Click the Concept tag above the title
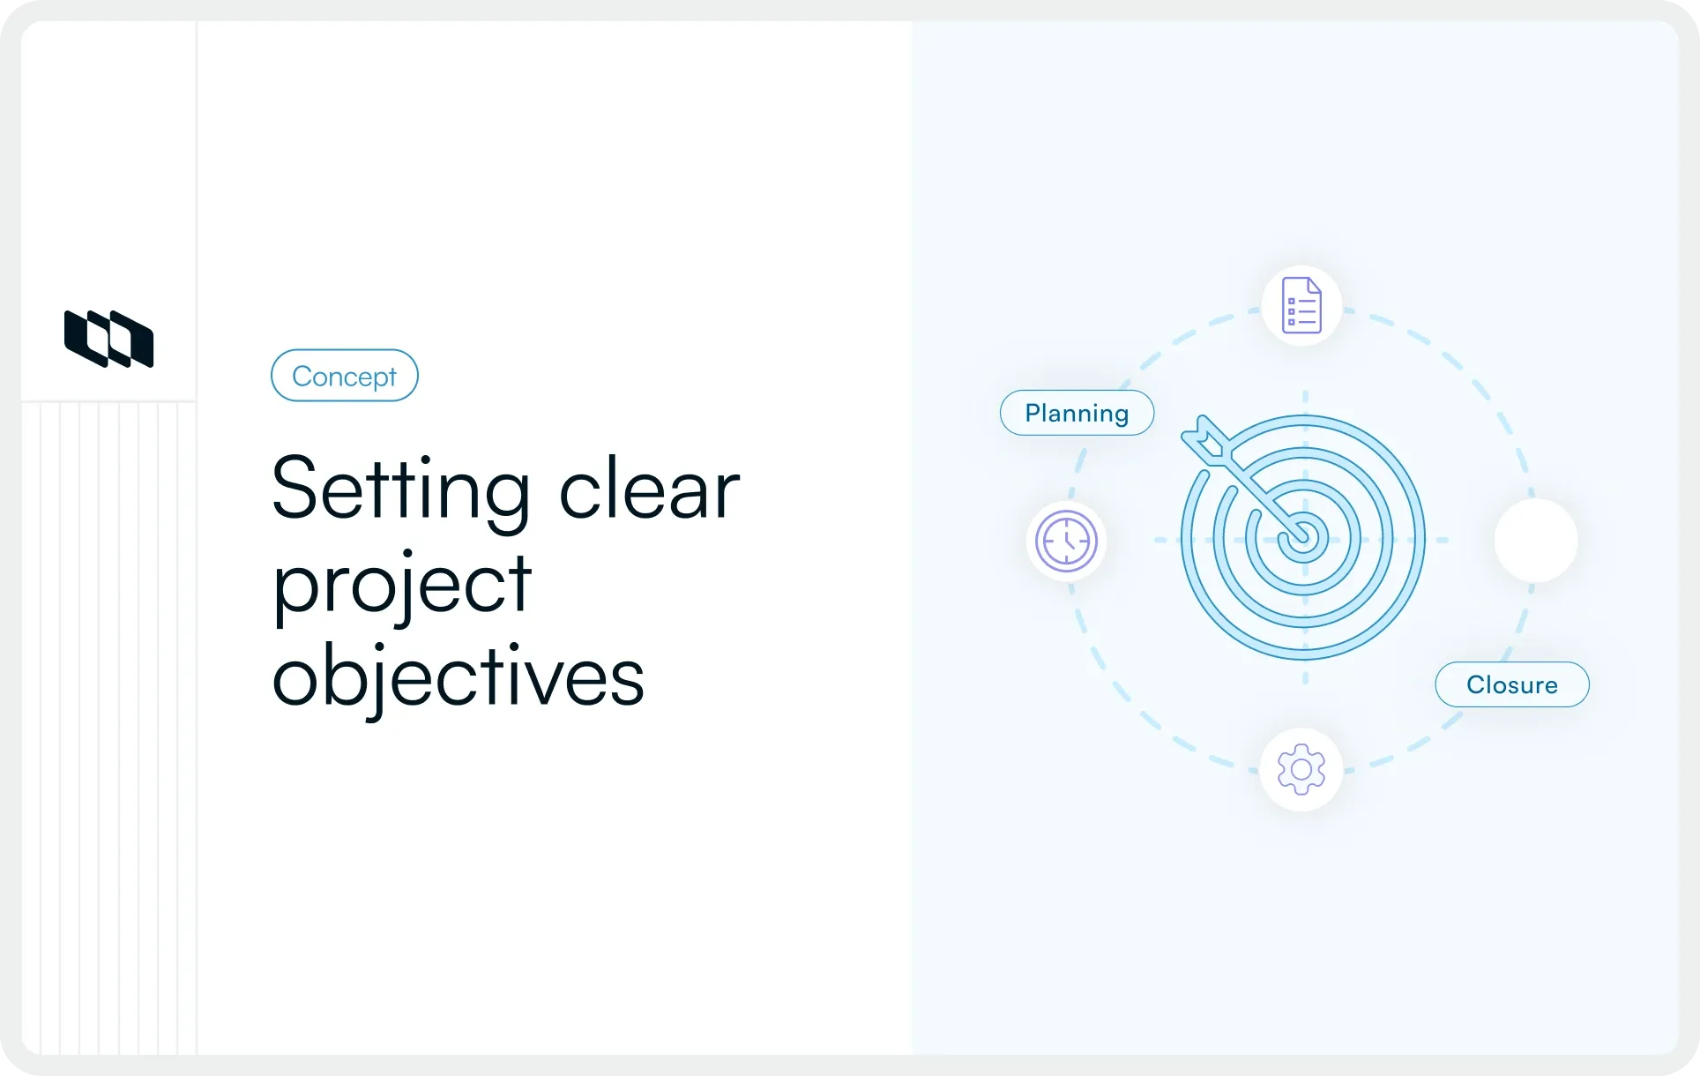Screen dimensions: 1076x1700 (x=344, y=376)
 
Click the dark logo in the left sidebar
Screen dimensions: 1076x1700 (x=109, y=339)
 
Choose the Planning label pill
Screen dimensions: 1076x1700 (x=1077, y=413)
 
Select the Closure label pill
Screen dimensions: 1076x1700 (x=1511, y=684)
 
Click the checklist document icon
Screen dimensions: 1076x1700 (x=1301, y=305)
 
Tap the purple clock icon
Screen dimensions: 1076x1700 (x=1066, y=541)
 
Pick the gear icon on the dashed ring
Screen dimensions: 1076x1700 (x=1301, y=769)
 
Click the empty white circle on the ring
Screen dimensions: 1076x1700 (x=1535, y=540)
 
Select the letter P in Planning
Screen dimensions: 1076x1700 (x=1034, y=413)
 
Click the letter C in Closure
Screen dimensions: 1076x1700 (x=1476, y=685)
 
